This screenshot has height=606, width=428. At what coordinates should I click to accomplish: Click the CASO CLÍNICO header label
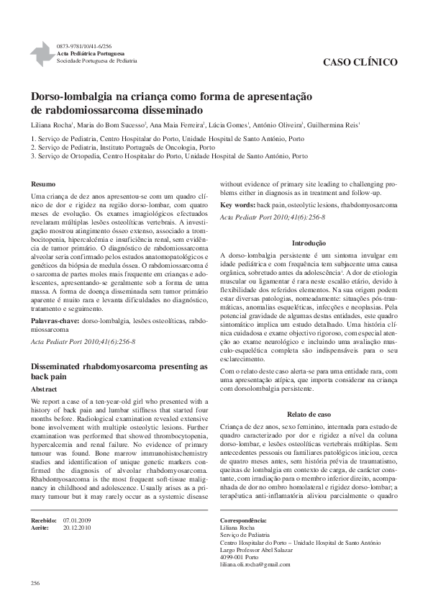(x=362, y=63)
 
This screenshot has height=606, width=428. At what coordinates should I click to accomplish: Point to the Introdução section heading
(x=309, y=243)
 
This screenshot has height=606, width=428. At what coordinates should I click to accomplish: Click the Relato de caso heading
(x=309, y=415)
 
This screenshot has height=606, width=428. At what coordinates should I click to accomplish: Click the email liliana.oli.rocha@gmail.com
(x=255, y=564)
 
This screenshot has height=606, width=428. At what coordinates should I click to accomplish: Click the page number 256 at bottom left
(x=35, y=582)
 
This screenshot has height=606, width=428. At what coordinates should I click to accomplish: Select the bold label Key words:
(x=239, y=205)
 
